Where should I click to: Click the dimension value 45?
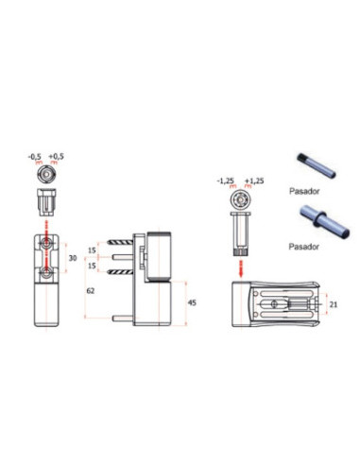point(192,302)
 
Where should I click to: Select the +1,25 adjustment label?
point(252,179)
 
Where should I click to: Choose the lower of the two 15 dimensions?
point(93,266)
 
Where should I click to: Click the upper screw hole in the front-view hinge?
point(46,245)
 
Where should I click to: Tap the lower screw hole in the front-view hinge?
point(46,273)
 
